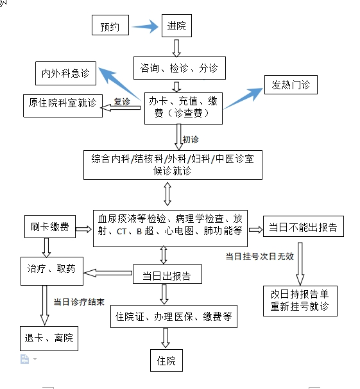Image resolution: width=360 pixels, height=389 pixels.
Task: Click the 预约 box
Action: tap(110, 25)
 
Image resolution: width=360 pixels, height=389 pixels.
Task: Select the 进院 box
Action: tap(176, 26)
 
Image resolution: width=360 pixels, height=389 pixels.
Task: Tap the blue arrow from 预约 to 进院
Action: tap(145, 26)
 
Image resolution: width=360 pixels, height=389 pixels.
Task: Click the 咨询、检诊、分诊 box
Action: tap(180, 68)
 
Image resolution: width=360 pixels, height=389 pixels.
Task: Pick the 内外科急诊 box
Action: tap(65, 73)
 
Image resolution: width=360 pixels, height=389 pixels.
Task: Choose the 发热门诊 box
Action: tap(291, 85)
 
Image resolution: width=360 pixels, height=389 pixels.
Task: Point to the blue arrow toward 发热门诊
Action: tap(243, 98)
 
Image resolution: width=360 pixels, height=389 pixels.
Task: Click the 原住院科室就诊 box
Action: tap(63, 106)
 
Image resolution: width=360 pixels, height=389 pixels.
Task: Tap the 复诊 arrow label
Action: tap(122, 101)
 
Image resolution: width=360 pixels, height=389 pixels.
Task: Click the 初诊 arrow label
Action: tap(191, 139)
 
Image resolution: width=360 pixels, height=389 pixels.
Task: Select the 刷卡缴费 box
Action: tap(50, 227)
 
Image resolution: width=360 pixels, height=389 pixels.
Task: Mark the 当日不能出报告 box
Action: tap(304, 226)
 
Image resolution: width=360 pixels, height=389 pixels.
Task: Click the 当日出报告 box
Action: tap(167, 274)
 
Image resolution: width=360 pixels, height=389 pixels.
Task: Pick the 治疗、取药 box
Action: tap(52, 271)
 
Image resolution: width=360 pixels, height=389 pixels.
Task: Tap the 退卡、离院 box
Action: tap(49, 338)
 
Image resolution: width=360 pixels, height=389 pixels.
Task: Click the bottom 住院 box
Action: tap(166, 361)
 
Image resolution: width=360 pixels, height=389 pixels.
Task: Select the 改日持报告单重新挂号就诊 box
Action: tap(300, 301)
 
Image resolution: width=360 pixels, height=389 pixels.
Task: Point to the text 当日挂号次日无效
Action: tap(260, 256)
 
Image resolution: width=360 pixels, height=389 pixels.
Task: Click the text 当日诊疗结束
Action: tap(79, 302)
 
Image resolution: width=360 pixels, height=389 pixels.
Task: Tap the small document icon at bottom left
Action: tap(24, 359)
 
